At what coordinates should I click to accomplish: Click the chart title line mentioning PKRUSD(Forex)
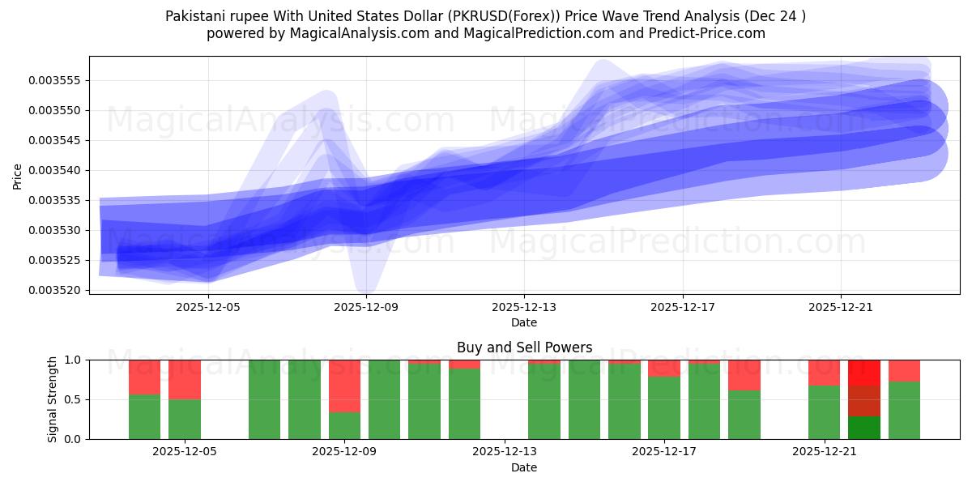[x=485, y=16]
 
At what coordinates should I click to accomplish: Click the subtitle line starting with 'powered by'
[x=485, y=33]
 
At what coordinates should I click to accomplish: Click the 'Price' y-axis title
[x=18, y=176]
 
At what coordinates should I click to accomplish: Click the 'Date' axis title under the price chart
[x=524, y=322]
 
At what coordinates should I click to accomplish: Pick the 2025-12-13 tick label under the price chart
[x=524, y=308]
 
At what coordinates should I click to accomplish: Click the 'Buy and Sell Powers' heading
[x=524, y=347]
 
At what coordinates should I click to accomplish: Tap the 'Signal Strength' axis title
[x=53, y=399]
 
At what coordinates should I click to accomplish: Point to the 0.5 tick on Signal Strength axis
[x=74, y=399]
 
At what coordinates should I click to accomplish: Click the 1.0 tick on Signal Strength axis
[x=74, y=360]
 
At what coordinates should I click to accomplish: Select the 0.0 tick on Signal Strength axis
[x=74, y=439]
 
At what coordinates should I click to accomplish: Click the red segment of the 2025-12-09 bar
[x=344, y=386]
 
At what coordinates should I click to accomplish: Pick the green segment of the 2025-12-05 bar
[x=185, y=420]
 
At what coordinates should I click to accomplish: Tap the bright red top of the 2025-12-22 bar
[x=863, y=373]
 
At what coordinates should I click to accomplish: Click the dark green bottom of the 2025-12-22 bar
[x=863, y=428]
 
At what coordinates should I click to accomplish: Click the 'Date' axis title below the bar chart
[x=524, y=467]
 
